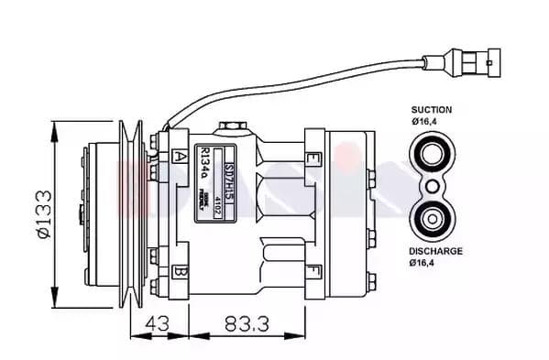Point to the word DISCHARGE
(435, 251)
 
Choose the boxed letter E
(313, 158)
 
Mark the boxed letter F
(313, 270)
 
